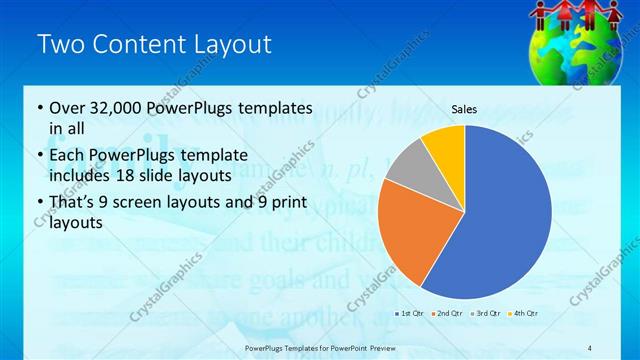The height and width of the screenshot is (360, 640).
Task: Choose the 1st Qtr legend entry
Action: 410,314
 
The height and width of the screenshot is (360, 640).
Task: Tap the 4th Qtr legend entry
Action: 526,314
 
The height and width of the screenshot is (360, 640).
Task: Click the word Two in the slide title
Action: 59,45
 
